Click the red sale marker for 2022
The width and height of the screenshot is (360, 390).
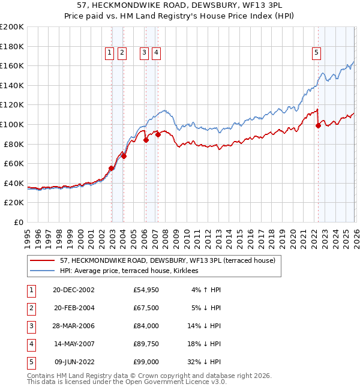click(x=318, y=125)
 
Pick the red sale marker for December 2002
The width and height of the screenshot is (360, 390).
click(x=112, y=169)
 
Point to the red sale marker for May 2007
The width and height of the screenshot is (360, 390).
click(x=158, y=134)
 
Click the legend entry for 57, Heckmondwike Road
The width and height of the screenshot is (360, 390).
click(x=167, y=261)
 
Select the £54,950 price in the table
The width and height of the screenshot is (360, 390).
click(x=146, y=290)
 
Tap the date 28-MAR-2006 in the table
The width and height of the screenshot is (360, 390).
click(x=74, y=326)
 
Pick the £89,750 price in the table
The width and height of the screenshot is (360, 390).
click(x=146, y=344)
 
